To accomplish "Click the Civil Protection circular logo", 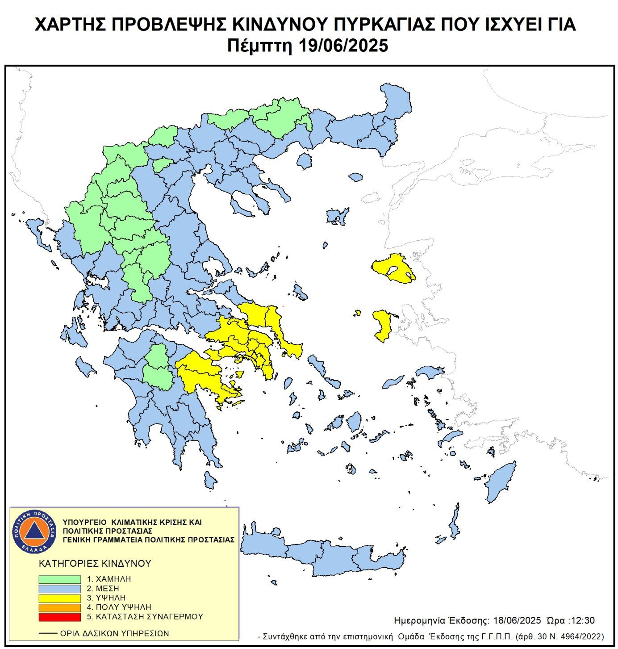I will (34, 532).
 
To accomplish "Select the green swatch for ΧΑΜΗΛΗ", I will (59, 579).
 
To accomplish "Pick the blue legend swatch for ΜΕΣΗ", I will (59, 588).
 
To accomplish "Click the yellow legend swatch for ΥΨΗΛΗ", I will (59, 598).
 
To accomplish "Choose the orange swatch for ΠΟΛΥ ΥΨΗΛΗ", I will (59, 607).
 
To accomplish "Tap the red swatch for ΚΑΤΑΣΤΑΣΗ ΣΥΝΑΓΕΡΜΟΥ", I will (59, 617).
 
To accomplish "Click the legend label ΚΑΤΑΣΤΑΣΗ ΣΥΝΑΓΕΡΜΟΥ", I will (145, 617).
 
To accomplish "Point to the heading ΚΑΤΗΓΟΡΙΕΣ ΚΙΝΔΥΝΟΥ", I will (95, 564).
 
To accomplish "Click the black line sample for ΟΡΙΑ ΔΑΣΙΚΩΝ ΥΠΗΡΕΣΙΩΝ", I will (48, 633).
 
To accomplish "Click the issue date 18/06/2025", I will (516, 620).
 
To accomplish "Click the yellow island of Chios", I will (382, 324).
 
